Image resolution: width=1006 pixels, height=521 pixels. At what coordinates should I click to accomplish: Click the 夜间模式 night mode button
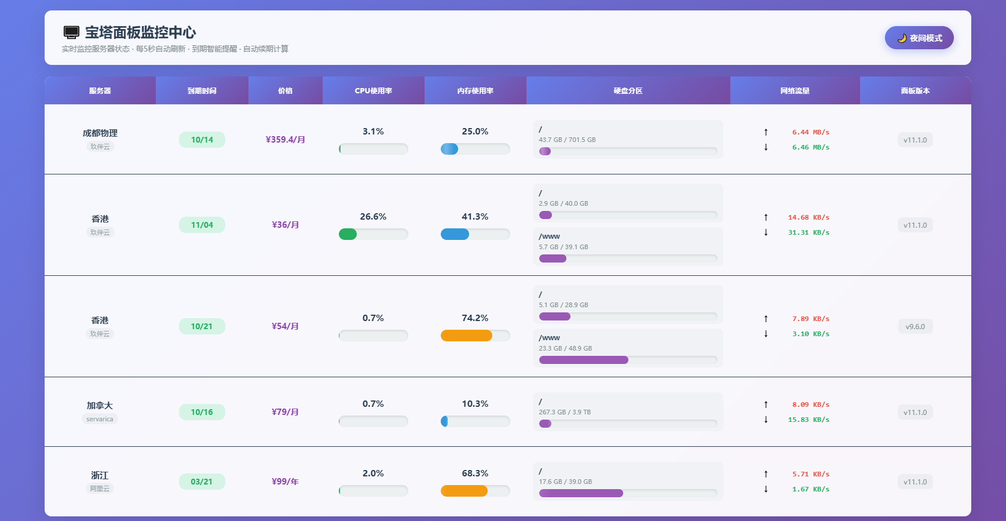[x=919, y=38]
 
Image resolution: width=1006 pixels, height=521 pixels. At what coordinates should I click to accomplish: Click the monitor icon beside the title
[x=71, y=32]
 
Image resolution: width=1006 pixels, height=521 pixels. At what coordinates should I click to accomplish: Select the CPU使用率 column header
[x=374, y=91]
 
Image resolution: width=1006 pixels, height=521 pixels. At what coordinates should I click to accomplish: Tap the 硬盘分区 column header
[x=628, y=91]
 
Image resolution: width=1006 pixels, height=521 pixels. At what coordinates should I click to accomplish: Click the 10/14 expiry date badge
[x=202, y=140]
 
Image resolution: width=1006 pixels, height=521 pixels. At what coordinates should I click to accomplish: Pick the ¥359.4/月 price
[x=285, y=140]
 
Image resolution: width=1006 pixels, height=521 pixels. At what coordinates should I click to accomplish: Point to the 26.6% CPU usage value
[x=373, y=217]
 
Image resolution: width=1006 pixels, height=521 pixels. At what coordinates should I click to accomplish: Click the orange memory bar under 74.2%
[x=466, y=336]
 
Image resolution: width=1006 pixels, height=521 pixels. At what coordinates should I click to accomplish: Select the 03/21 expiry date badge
[x=202, y=482]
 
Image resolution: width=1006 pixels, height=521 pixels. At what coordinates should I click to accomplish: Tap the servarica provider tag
[x=100, y=419]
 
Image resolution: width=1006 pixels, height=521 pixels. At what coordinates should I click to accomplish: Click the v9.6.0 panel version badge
[x=915, y=327]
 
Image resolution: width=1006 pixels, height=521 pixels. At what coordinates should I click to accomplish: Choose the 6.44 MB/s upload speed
[x=810, y=132]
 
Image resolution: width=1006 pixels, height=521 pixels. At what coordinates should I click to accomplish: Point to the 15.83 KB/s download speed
[x=809, y=420]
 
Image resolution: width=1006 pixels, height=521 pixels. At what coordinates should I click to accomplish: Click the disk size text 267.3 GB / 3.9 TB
[x=565, y=412]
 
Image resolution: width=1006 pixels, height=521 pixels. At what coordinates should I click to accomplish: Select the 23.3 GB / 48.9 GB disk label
[x=565, y=348]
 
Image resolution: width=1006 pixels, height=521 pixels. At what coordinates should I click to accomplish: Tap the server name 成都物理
[x=100, y=133]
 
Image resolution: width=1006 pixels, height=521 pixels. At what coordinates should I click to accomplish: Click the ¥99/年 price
[x=285, y=482]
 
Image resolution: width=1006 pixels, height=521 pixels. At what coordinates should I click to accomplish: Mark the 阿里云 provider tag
[x=100, y=489]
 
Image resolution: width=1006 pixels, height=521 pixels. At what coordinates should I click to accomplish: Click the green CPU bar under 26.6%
[x=347, y=234]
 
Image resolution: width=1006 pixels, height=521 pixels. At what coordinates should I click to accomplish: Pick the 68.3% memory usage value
[x=475, y=473]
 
